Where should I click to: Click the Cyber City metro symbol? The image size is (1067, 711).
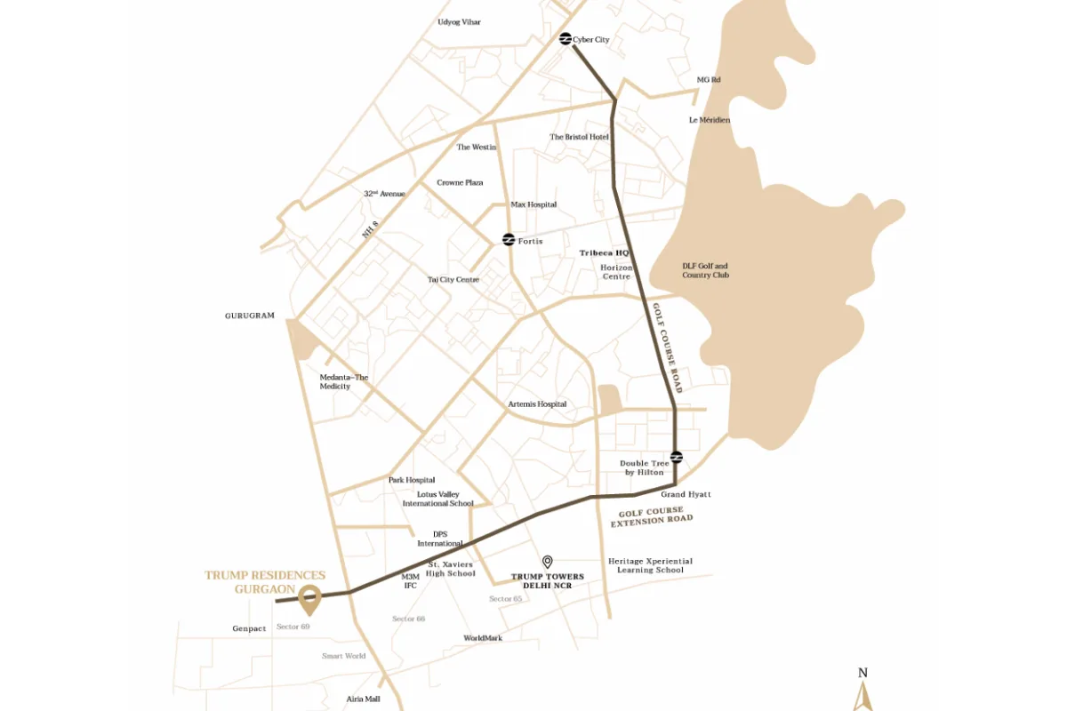pos(565,39)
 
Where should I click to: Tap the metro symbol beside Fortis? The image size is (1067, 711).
pos(509,240)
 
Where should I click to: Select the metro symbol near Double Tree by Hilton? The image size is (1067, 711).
pos(676,457)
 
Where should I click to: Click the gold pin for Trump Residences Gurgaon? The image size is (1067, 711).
pos(309,600)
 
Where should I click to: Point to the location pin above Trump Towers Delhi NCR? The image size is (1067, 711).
pos(548,562)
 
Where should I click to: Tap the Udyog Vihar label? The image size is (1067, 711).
pos(460,22)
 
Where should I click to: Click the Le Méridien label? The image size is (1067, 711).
pos(710,120)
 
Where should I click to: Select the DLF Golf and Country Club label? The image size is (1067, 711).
pos(705,270)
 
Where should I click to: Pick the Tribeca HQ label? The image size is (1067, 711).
pos(605,253)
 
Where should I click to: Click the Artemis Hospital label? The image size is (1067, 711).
pos(537,404)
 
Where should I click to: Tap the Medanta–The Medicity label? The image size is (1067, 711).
pos(343,382)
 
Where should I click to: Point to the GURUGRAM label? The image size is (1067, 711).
pos(250,316)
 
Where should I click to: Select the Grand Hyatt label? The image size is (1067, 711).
pos(686,494)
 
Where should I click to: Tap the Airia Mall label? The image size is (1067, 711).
pos(364,699)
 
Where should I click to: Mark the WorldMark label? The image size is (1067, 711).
pos(483,638)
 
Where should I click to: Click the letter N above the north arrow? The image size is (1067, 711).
pos(862,673)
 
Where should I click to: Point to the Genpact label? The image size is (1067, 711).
pos(249,629)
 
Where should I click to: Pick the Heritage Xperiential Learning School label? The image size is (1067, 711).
pos(650,565)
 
